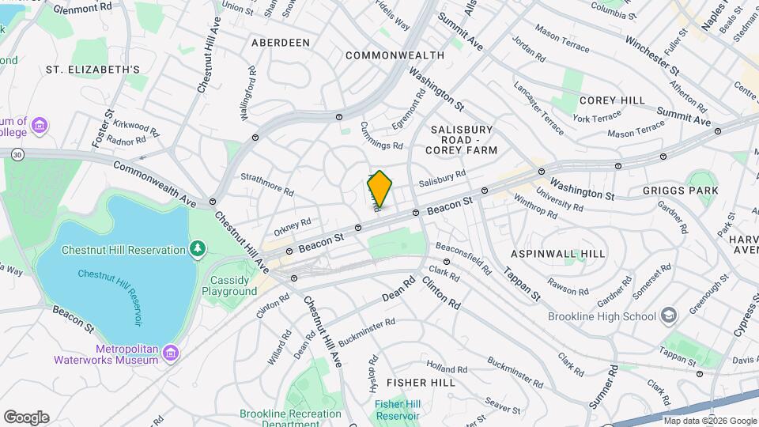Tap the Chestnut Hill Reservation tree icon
(197, 250)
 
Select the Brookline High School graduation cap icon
(670, 316)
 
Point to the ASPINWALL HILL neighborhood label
(558, 254)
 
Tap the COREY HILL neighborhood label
(612, 100)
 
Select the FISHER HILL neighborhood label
(421, 383)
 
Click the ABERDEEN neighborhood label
(281, 42)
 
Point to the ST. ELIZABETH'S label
(93, 70)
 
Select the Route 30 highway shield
(17, 156)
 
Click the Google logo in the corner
(26, 418)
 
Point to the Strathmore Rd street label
(266, 184)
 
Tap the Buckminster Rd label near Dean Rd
(366, 334)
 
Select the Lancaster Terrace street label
(538, 108)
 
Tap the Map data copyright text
(709, 421)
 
